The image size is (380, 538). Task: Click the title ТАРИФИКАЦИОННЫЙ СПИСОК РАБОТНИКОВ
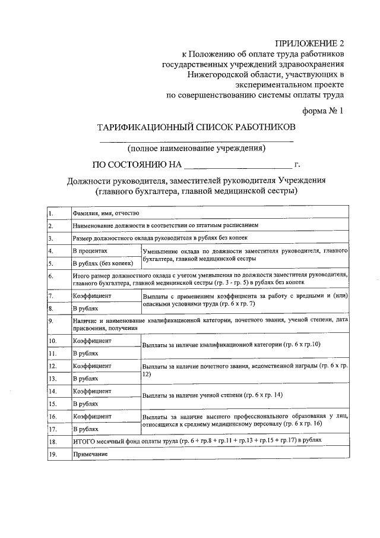click(x=197, y=127)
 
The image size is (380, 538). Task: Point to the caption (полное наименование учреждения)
click(x=197, y=147)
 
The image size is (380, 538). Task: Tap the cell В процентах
click(x=90, y=251)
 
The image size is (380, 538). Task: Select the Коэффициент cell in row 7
click(x=92, y=295)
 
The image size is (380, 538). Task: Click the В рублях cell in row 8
click(x=85, y=309)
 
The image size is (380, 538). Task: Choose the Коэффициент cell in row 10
click(x=92, y=341)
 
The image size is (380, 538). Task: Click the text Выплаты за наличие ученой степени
click(x=194, y=395)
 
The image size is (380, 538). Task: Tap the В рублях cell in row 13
click(x=85, y=378)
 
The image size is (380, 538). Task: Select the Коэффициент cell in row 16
click(x=92, y=416)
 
